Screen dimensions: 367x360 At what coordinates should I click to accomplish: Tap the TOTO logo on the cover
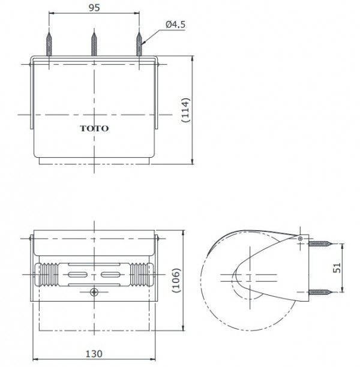pyautogui.click(x=95, y=128)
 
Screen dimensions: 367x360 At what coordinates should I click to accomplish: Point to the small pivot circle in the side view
pyautogui.click(x=300, y=239)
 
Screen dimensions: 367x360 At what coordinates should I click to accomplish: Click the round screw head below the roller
pyautogui.click(x=94, y=292)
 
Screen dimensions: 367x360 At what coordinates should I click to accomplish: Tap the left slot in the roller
pyautogui.click(x=78, y=273)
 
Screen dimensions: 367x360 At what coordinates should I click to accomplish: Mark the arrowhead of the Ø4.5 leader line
pyautogui.click(x=144, y=41)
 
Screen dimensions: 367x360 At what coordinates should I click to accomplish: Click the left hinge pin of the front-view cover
pyautogui.click(x=31, y=239)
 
